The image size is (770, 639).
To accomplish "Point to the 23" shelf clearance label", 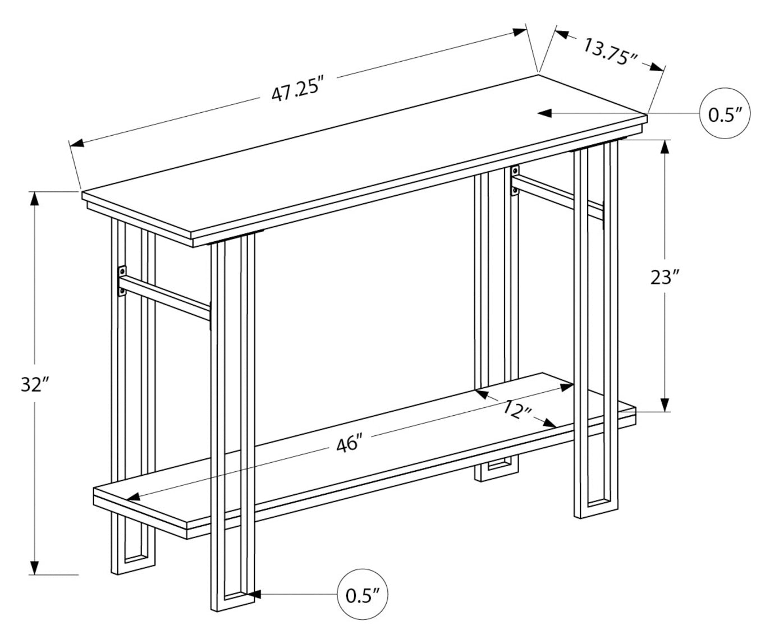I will (x=665, y=277).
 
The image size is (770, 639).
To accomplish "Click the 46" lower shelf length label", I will (x=347, y=444).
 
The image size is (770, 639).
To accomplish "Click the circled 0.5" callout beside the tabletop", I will (x=726, y=114).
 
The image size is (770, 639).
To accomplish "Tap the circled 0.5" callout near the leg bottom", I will (x=363, y=595).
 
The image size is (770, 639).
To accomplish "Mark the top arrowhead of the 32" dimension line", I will (x=35, y=199).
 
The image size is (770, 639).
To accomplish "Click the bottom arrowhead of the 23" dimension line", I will (x=665, y=404).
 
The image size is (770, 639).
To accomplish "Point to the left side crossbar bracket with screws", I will (x=122, y=281).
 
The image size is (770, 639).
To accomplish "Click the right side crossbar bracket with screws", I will (x=515, y=180).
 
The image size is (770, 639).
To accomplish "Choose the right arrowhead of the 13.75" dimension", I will (x=655, y=67).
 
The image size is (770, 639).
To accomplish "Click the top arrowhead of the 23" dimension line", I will (x=665, y=147).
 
